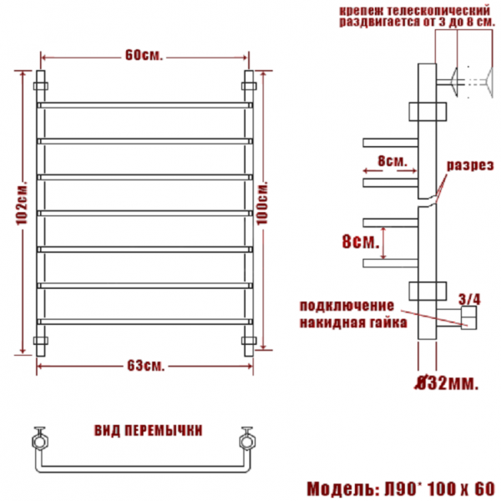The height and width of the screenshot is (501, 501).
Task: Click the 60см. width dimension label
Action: [x=144, y=55]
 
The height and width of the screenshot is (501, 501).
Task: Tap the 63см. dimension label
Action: [x=146, y=366]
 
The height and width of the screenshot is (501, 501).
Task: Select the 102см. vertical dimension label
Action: [x=22, y=204]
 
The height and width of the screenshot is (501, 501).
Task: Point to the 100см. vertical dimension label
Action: [x=262, y=204]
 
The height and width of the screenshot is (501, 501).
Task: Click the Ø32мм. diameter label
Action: [x=446, y=383]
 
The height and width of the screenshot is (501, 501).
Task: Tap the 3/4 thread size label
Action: [x=469, y=300]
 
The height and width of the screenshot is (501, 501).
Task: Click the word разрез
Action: [x=470, y=166]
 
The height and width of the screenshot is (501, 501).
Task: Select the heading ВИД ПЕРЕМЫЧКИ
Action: [x=149, y=430]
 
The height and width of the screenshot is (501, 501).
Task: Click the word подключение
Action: [x=347, y=306]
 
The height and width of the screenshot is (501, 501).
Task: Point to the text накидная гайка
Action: [x=353, y=322]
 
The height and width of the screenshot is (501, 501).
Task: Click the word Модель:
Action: [x=343, y=488]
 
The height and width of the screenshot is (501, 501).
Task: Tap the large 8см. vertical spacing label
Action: [x=361, y=241]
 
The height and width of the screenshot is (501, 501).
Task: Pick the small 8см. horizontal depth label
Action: [x=392, y=161]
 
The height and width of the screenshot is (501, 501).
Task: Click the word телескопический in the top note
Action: [x=438, y=11]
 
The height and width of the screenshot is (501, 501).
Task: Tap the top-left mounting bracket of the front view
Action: [x=41, y=86]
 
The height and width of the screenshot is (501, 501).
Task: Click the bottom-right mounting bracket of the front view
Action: [x=249, y=341]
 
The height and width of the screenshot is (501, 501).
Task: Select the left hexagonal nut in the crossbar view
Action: [x=41, y=442]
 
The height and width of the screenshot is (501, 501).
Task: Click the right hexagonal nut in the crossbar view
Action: [x=248, y=442]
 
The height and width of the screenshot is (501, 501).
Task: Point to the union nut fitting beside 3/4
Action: [x=468, y=317]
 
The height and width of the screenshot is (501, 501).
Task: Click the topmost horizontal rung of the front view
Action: [x=144, y=105]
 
